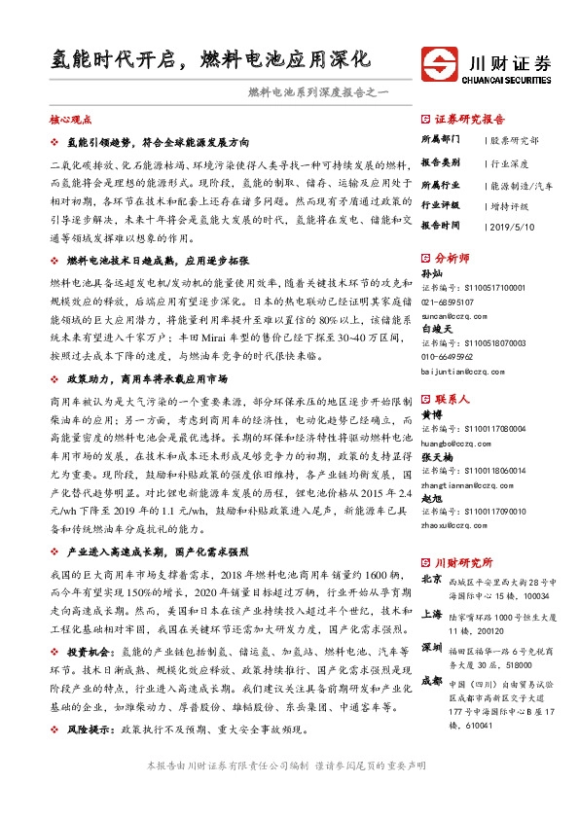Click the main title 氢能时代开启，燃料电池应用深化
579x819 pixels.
pos(210,58)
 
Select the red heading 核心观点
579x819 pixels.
pos(70,120)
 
